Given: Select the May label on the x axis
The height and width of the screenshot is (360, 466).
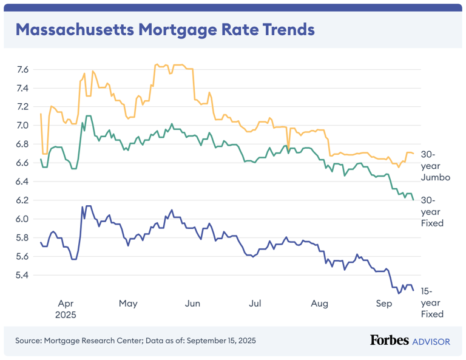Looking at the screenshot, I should click(x=128, y=303).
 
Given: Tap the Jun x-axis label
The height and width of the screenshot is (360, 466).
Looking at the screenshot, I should click(x=192, y=303).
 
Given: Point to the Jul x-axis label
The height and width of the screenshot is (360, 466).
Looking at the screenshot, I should click(x=255, y=303).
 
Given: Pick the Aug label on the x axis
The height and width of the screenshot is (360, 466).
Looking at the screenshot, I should click(x=319, y=303).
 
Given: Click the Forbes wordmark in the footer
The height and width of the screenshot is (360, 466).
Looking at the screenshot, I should click(x=389, y=341).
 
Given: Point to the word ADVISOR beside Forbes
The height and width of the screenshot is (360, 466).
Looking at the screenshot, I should click(x=431, y=341).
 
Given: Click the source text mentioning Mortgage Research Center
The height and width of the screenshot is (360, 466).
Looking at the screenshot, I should click(x=135, y=341).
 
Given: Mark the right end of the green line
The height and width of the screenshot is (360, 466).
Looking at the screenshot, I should click(x=413, y=199).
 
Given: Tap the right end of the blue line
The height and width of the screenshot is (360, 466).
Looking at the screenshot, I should click(x=413, y=290).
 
